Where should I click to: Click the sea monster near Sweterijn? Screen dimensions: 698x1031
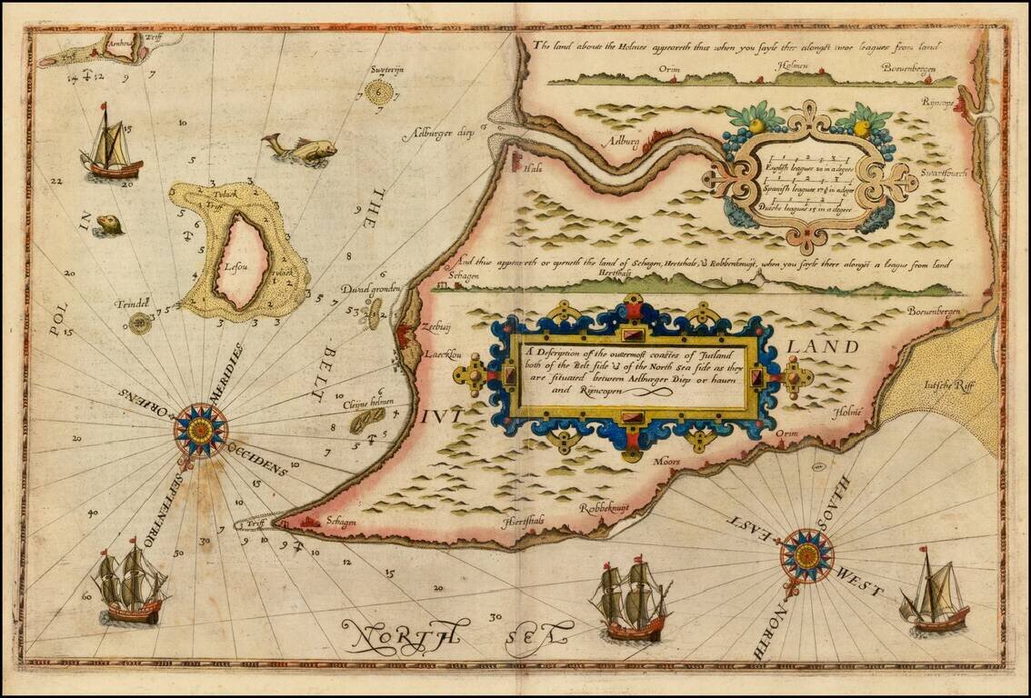(x=301, y=148)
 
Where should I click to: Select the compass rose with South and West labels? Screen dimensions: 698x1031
(x=806, y=554)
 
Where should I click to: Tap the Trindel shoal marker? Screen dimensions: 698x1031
(x=139, y=323)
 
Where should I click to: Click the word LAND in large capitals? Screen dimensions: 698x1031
(x=822, y=347)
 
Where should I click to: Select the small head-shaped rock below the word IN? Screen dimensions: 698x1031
(x=109, y=224)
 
